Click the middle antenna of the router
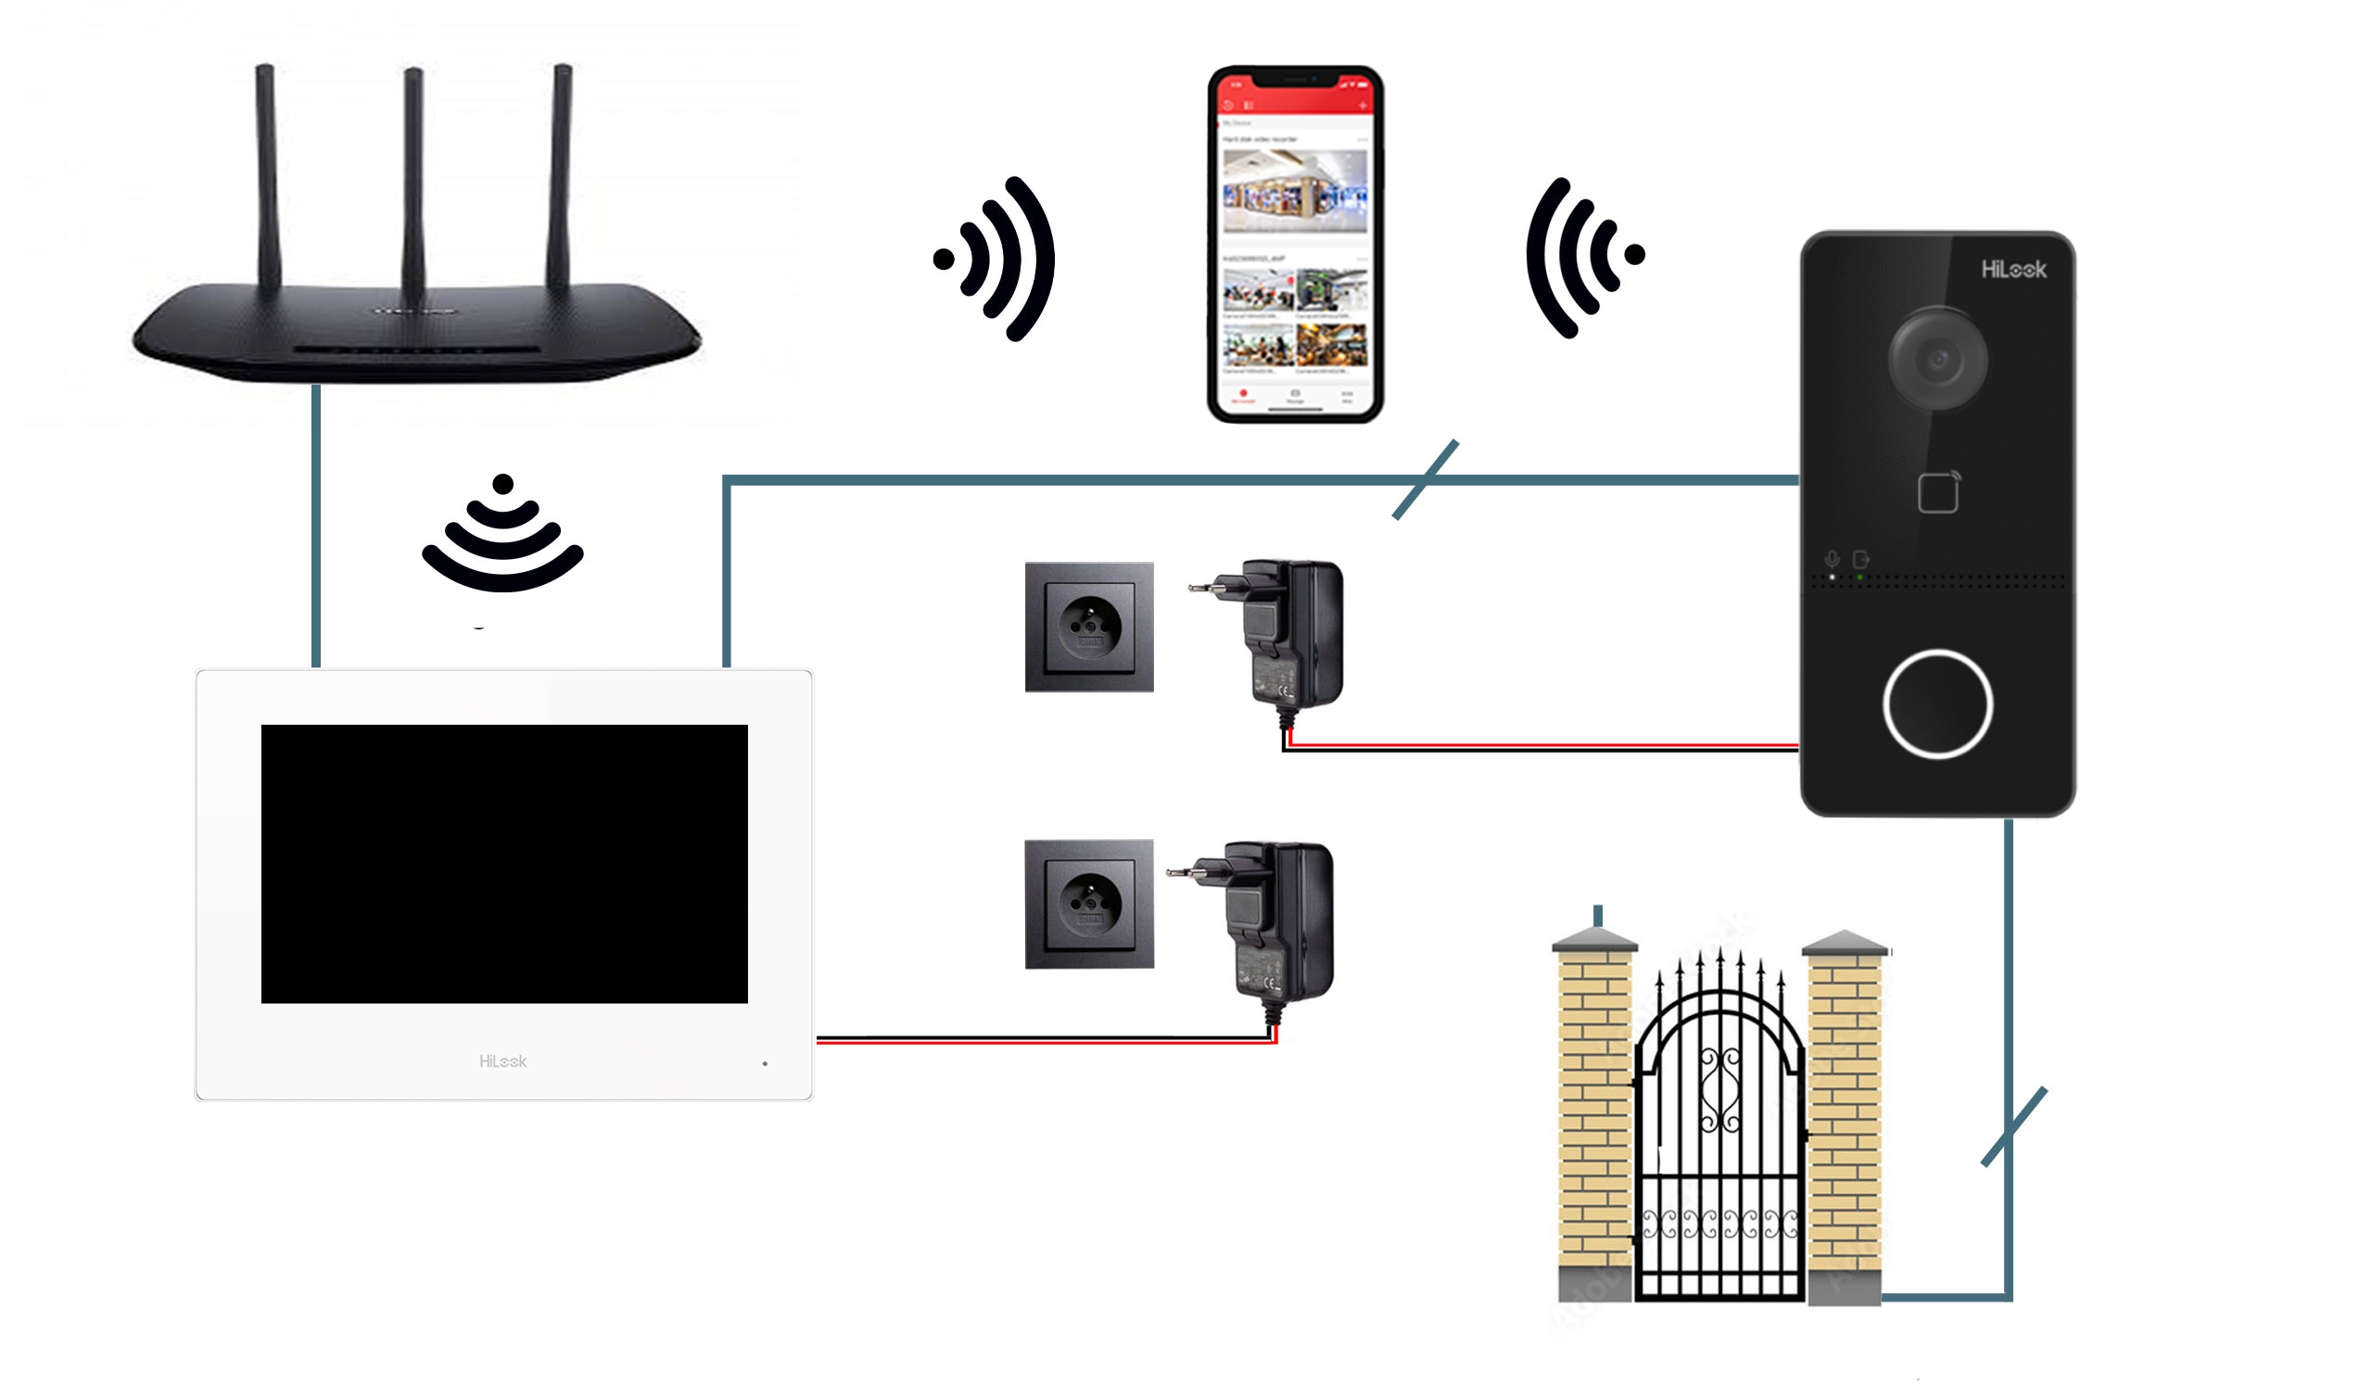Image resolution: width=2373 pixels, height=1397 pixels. pyautogui.click(x=412, y=179)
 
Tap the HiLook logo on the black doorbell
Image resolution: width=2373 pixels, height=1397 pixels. pyautogui.click(x=2012, y=271)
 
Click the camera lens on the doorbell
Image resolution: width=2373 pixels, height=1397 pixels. pyautogui.click(x=1937, y=359)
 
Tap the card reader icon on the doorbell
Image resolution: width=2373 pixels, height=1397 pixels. pyautogui.click(x=1938, y=492)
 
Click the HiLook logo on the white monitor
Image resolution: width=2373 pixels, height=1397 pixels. pyautogui.click(x=502, y=1061)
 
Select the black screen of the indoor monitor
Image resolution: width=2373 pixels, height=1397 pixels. pyautogui.click(x=503, y=864)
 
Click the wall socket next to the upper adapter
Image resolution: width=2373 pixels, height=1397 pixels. pyautogui.click(x=1088, y=628)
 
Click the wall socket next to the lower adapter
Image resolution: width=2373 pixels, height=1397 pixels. pyautogui.click(x=1088, y=905)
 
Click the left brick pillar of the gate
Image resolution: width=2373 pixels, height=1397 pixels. pyautogui.click(x=1594, y=1121)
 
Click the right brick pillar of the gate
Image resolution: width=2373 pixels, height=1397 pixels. pyautogui.click(x=1844, y=1121)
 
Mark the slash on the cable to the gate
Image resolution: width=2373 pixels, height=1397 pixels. pyautogui.click(x=2014, y=1127)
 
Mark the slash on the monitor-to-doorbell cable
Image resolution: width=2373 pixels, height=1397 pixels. pyautogui.click(x=1425, y=479)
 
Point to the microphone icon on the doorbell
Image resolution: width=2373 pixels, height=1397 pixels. pyautogui.click(x=1832, y=559)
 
